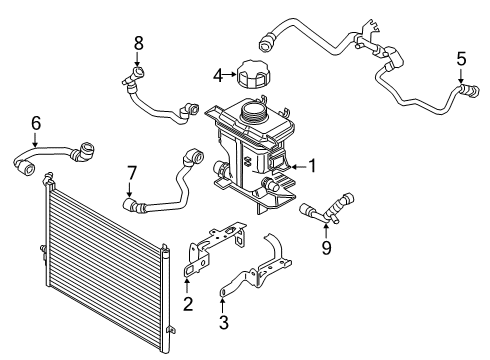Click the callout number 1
click(312, 167)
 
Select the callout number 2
click(186, 303)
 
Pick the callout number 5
click(461, 58)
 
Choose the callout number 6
click(35, 124)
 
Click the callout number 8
click(139, 42)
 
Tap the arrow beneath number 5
click(461, 76)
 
